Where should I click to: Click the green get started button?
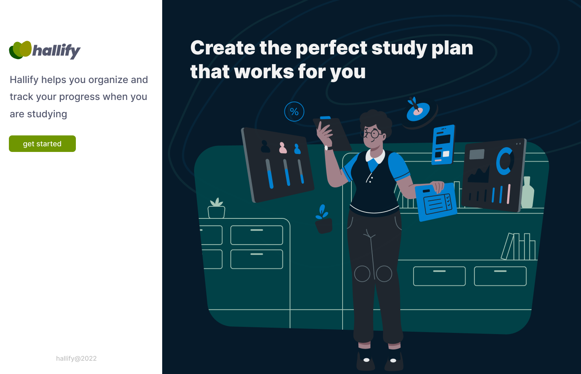(42, 144)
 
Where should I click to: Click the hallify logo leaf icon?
(20, 50)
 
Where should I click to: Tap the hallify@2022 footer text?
(76, 358)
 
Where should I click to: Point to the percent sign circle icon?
(294, 112)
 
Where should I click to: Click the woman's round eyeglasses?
(372, 133)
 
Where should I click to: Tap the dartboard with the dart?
(418, 110)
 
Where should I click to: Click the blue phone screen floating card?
(443, 145)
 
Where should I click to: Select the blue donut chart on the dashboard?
(504, 161)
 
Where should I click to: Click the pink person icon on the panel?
(283, 148)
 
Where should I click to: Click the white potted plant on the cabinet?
(217, 209)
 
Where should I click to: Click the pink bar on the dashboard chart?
(509, 194)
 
